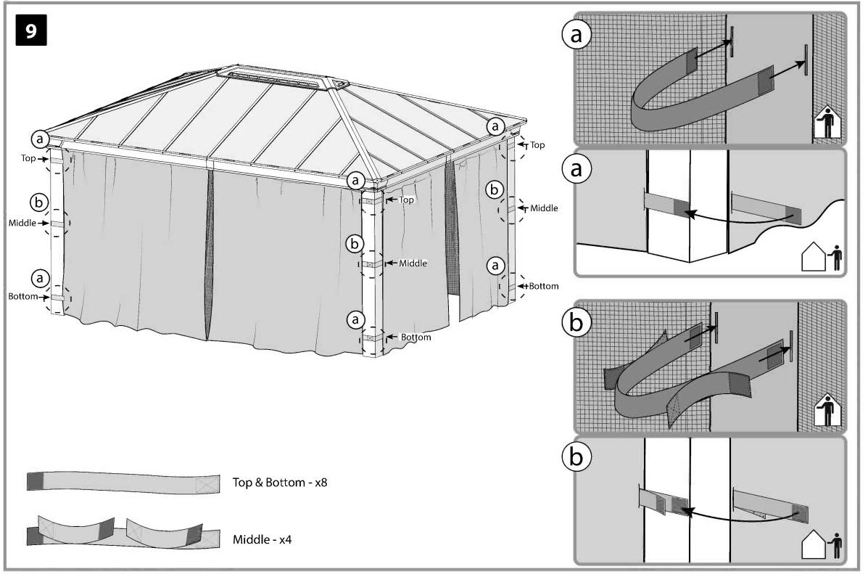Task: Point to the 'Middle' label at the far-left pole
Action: click(22, 223)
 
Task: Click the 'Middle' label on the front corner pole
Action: click(413, 263)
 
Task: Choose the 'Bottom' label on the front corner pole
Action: click(416, 337)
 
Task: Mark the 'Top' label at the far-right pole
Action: click(537, 145)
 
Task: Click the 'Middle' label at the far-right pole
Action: click(544, 208)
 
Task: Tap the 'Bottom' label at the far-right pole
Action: click(543, 286)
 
